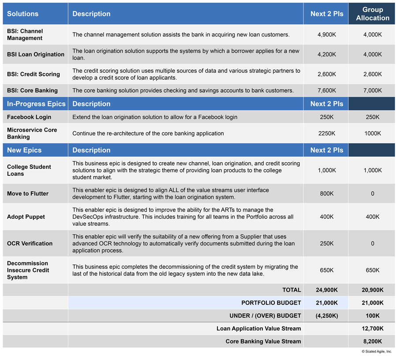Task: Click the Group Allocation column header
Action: (372, 14)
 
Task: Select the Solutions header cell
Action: (23, 14)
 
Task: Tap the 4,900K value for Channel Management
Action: (326, 34)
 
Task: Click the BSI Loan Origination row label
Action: (36, 54)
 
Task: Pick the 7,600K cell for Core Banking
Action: (326, 90)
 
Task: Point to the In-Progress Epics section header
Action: (36, 104)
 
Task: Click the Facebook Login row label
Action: (29, 117)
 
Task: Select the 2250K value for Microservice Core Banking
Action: (326, 133)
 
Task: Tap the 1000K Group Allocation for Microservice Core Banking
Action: (372, 133)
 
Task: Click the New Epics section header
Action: (24, 150)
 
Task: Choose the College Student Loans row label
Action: (29, 170)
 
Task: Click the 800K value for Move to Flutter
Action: (326, 193)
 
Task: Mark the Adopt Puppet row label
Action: (26, 217)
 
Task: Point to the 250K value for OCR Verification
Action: (326, 243)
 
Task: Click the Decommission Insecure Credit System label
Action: (28, 270)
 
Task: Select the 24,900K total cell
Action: (326, 290)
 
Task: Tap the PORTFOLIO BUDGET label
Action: (271, 303)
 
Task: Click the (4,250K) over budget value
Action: (326, 315)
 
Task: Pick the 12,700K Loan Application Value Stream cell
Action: (372, 328)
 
